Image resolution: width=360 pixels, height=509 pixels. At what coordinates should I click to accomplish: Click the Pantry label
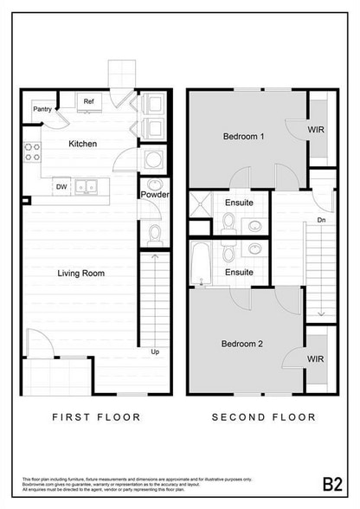pos(42,109)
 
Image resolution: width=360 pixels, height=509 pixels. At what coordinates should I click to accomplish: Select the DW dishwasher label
pos(61,185)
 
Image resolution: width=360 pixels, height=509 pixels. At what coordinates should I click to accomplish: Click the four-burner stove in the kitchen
pos(32,152)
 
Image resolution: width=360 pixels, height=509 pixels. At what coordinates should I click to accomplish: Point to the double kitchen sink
pos(86,185)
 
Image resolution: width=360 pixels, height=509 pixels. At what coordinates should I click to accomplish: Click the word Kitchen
pos(82,144)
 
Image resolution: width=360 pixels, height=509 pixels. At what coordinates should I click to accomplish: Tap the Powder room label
pos(154,195)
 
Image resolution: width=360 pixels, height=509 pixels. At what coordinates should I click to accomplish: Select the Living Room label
pos(80,274)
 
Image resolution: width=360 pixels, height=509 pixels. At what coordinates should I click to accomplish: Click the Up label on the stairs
pos(155,352)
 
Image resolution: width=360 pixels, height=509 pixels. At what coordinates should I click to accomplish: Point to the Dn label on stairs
pos(321,220)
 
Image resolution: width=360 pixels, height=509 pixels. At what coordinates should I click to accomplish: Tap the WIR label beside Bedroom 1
pos(317,130)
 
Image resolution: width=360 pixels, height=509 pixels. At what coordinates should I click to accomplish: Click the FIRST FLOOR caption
pos(96,416)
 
